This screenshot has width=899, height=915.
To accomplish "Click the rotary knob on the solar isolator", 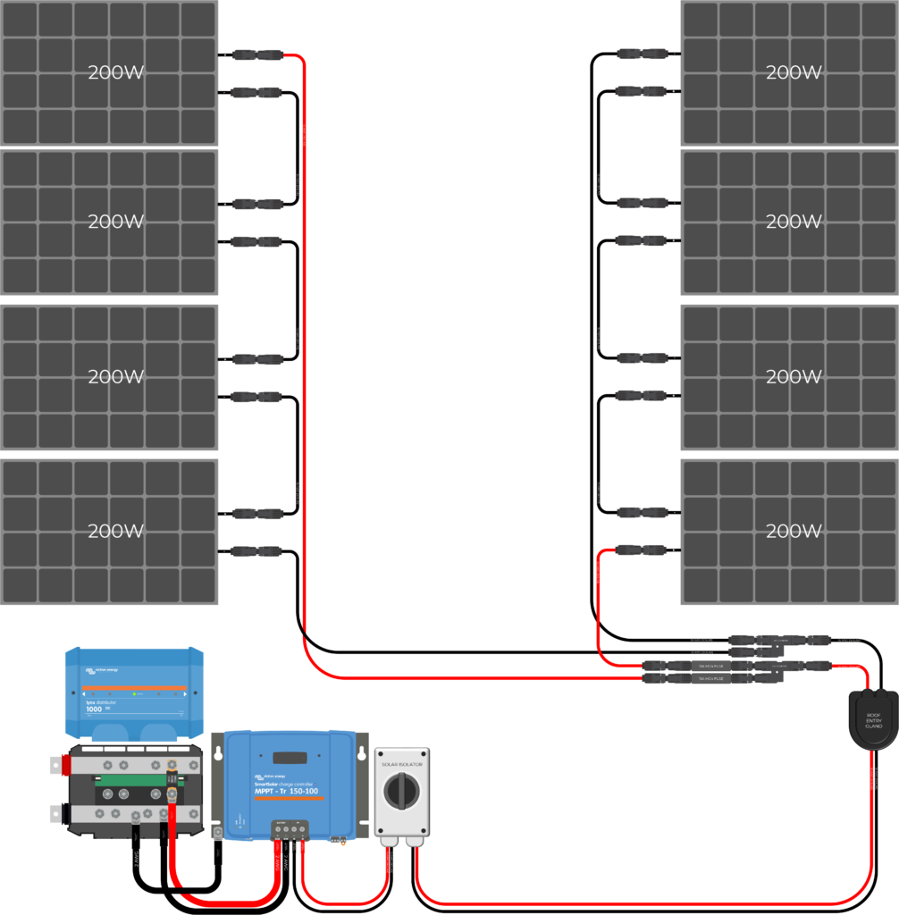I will coord(401,791).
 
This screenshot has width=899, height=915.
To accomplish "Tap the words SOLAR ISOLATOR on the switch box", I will coord(402,765).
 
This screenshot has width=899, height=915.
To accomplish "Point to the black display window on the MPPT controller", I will coord(290,758).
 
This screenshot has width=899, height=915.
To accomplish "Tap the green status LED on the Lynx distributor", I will coord(132,694).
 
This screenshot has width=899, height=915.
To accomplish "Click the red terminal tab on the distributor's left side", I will coord(64,765).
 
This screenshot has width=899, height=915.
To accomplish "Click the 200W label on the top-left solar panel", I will coord(116,72).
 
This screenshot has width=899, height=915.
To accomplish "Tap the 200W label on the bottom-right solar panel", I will coord(794,531).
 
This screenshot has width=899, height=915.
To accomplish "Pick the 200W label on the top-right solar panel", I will coord(794,72).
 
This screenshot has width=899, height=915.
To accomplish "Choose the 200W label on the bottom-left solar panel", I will coord(116,531).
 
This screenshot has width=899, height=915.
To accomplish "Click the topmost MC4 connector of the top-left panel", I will coord(257,55).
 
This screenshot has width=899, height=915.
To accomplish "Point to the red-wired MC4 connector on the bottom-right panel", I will coord(641,550).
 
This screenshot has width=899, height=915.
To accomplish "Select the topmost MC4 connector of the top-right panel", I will coord(641,55).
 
